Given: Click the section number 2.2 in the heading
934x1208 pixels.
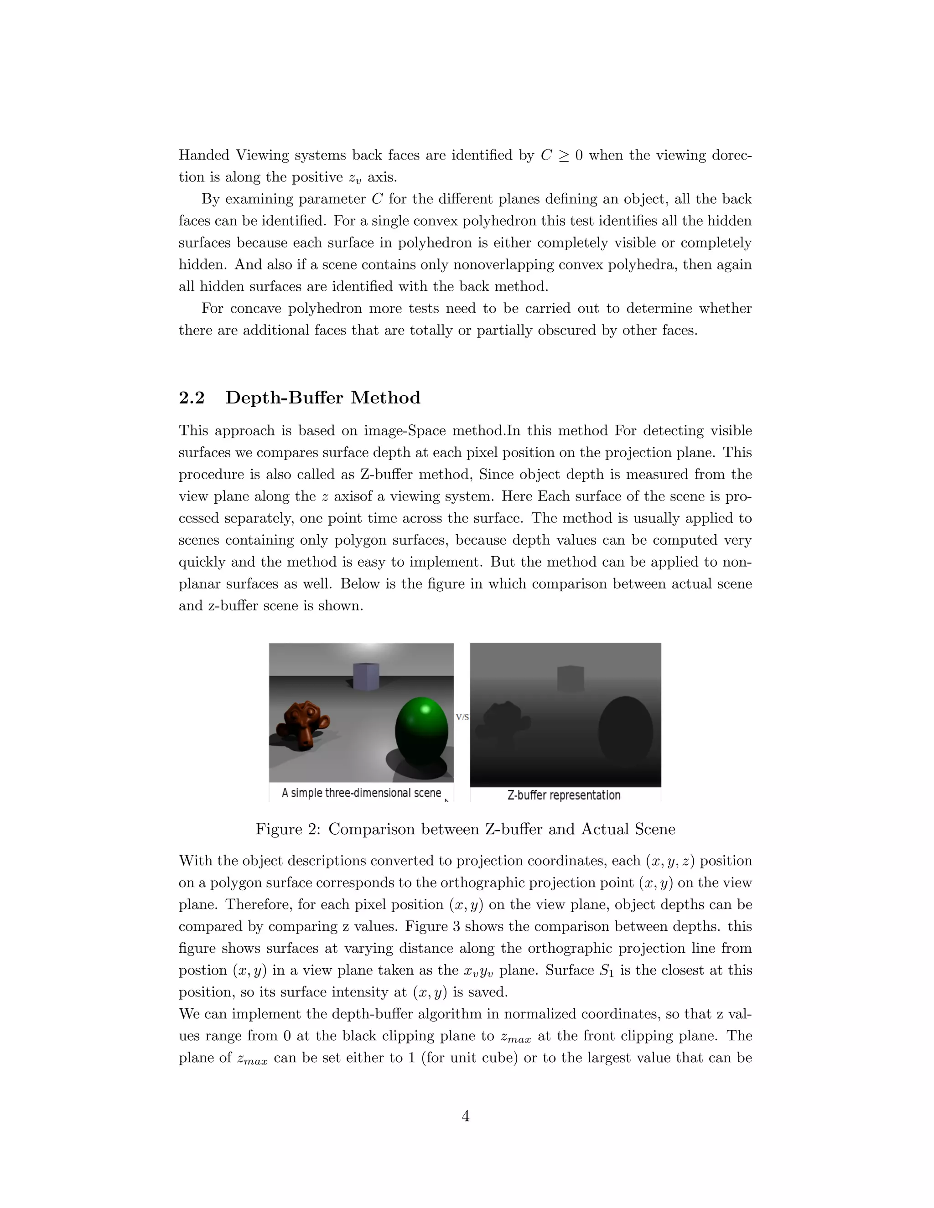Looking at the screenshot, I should (192, 398).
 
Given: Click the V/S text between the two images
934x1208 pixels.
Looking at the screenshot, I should (462, 718).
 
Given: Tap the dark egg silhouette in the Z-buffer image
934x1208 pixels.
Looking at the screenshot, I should (625, 733).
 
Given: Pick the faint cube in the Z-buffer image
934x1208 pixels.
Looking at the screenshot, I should (571, 679).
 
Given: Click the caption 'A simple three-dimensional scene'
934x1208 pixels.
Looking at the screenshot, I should (361, 793).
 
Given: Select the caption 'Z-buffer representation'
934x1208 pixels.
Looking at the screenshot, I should (564, 795).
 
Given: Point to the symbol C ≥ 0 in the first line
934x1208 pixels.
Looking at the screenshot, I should (561, 155).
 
